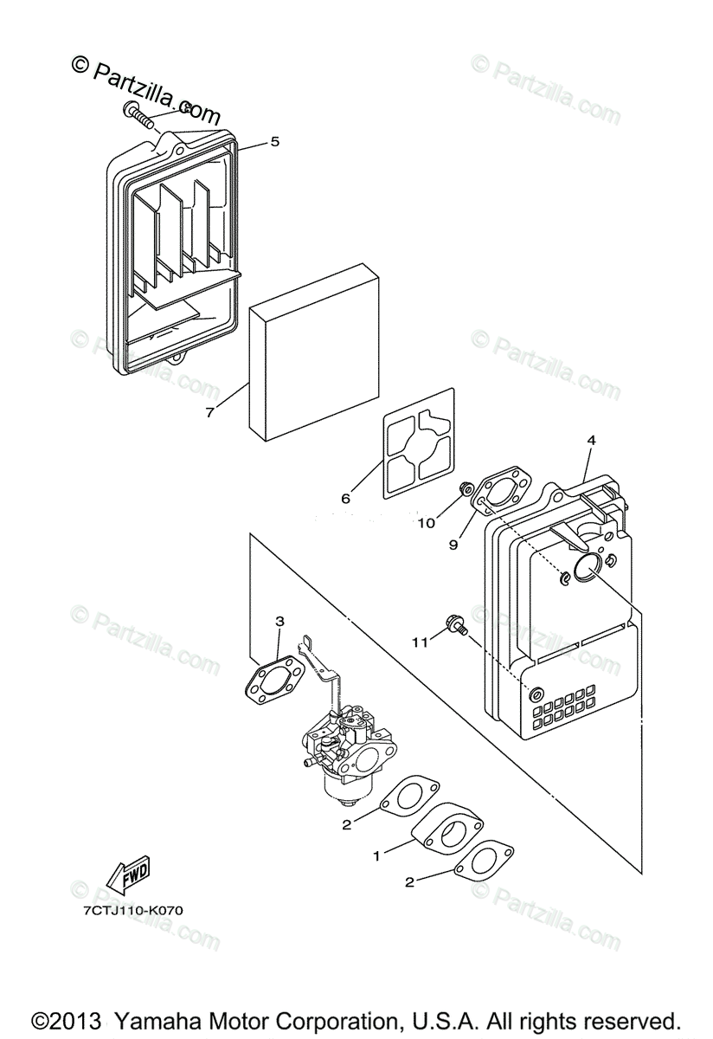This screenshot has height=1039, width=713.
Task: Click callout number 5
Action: coord(274,141)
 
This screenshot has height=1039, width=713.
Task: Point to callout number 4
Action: coord(591,441)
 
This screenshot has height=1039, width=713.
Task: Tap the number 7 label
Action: coord(210,412)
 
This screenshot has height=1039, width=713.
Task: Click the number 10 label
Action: coord(426,522)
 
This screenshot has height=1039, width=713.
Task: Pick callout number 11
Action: coord(419,642)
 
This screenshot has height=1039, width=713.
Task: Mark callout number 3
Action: coord(279,621)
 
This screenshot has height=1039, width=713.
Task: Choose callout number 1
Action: coord(376,855)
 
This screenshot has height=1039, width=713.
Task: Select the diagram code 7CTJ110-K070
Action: coord(133,911)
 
